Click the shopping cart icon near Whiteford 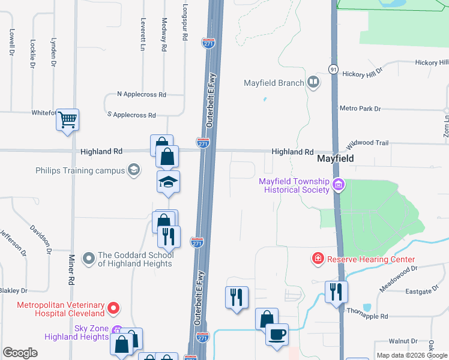point(67,119)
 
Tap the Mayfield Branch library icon point(313,83)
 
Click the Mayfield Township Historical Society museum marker point(339,185)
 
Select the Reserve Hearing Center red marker point(317,259)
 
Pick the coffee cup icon point(277,334)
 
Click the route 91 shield point(333,70)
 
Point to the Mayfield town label point(334,159)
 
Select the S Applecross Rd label point(131,115)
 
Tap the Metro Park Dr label point(360,109)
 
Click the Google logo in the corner point(20,352)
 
